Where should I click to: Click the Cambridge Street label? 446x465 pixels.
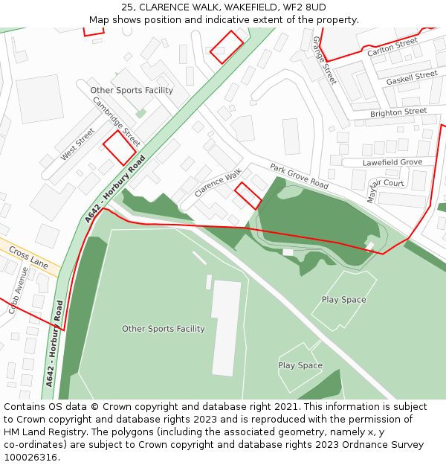116,122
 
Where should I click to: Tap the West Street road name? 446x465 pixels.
77,144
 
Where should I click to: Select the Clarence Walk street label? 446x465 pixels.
218,183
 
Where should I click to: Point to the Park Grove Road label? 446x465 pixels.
299,176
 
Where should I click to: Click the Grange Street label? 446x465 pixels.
324,60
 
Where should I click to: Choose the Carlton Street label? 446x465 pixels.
392,48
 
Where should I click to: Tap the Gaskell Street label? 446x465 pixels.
412,77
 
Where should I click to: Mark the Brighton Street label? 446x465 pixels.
398,112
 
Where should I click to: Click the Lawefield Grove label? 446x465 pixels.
392,162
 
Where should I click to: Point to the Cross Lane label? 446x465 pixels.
28,260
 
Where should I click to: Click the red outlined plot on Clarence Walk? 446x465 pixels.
248,196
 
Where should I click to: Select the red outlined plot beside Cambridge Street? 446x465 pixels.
119,147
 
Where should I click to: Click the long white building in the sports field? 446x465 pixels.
227,327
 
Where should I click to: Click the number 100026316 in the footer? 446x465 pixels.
30,458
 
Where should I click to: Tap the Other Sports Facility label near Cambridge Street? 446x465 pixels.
132,91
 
